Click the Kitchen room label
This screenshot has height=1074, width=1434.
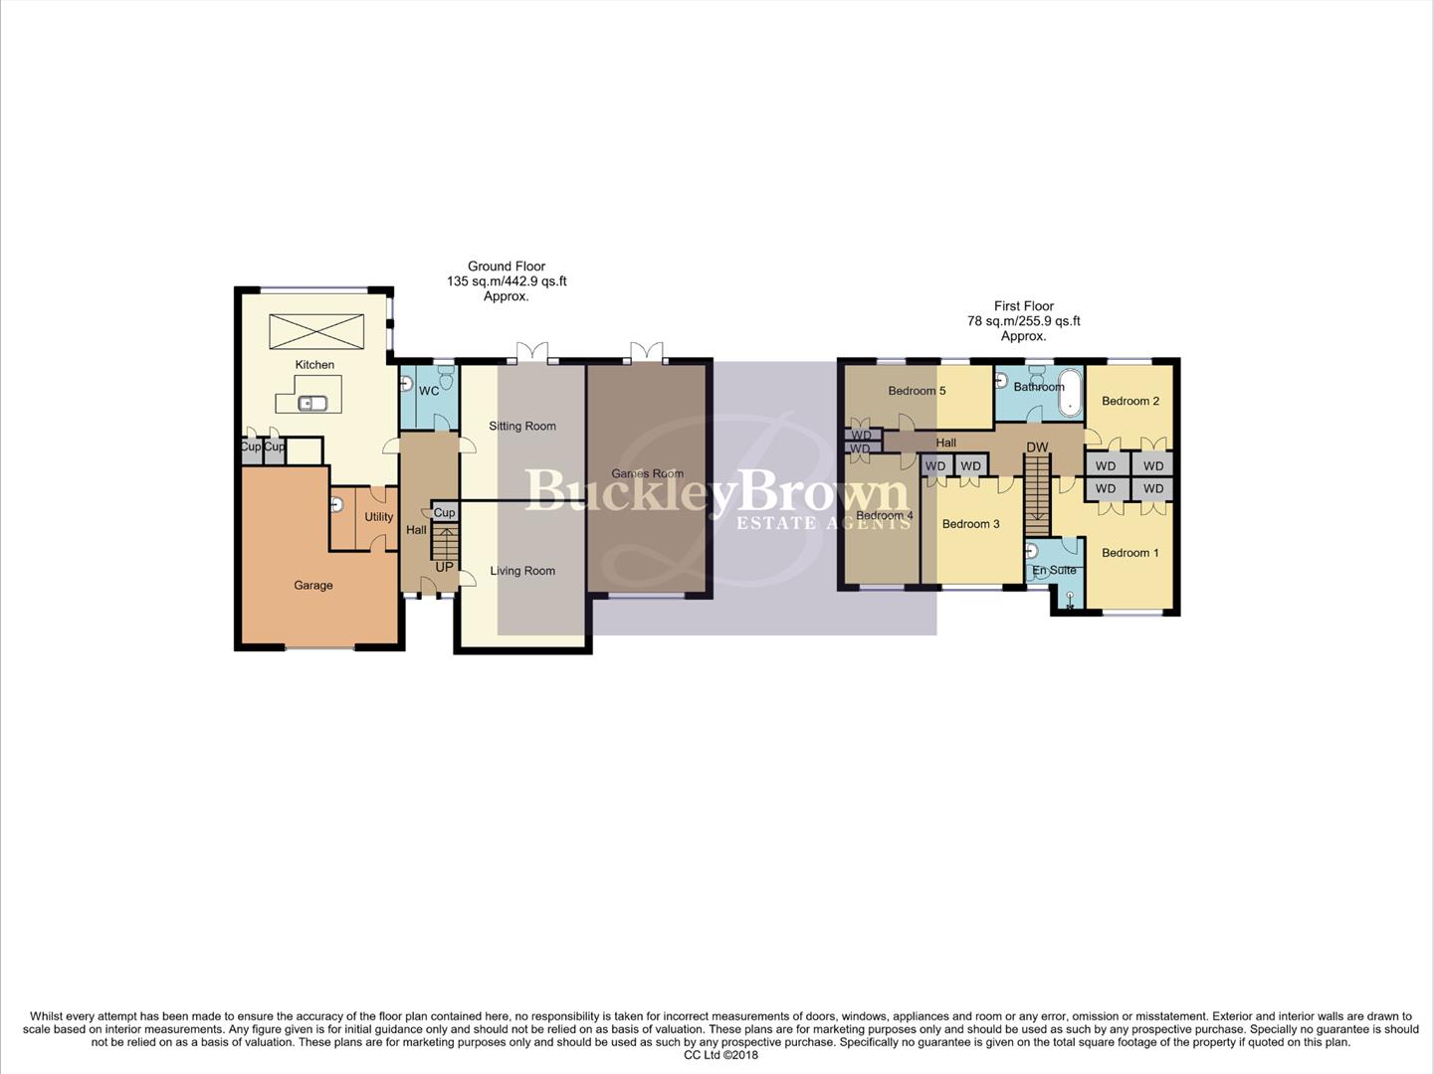point(314,365)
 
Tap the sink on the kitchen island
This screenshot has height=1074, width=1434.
point(312,403)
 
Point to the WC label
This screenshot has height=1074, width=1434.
point(429,391)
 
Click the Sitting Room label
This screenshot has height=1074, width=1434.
point(522,426)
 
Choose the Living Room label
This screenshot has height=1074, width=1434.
point(522,571)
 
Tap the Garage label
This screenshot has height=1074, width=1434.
point(313,586)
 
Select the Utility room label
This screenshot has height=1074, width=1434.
point(378,517)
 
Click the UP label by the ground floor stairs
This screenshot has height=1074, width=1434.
point(444,567)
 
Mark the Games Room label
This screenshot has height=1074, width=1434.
point(648,473)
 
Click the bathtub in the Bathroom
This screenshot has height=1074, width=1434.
point(1071,392)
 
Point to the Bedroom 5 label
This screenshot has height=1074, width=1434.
point(917,391)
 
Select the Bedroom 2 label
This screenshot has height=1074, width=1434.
point(1130,401)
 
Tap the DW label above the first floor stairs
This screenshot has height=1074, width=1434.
point(1037,447)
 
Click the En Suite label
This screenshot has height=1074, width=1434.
point(1054,570)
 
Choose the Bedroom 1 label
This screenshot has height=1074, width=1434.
point(1130,553)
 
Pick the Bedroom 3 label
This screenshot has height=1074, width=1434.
point(970,524)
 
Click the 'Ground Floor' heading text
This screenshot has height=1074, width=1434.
point(507,267)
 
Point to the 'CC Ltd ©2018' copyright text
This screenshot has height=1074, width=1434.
point(720,1055)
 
